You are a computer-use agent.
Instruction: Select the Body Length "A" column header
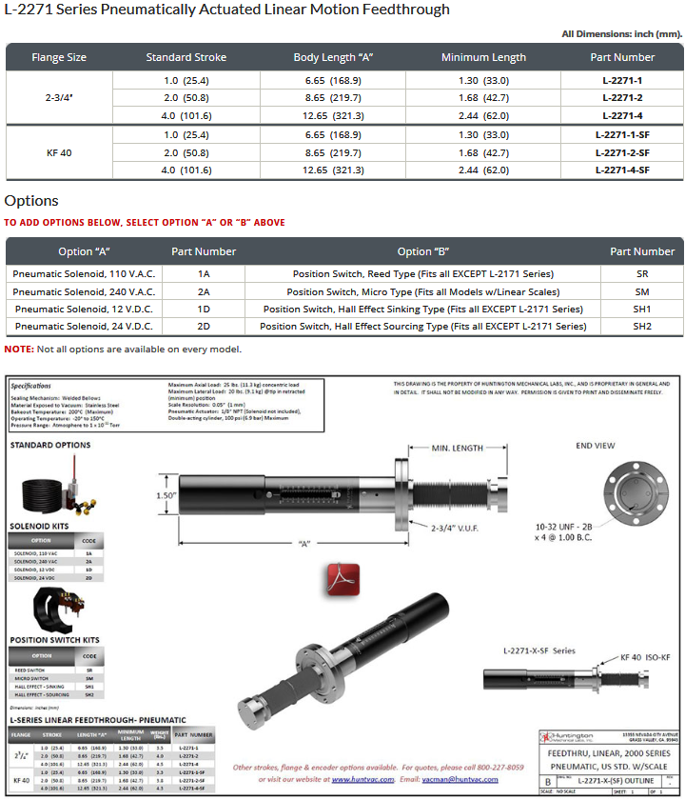pyautogui.click(x=333, y=58)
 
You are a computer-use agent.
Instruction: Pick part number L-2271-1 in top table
pyautogui.click(x=622, y=81)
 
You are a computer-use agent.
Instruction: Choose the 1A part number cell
pyautogui.click(x=204, y=273)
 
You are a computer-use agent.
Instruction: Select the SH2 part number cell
pyautogui.click(x=641, y=326)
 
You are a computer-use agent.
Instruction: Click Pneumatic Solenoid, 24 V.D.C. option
pyautogui.click(x=85, y=326)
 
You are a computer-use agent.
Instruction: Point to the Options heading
pyautogui.click(x=31, y=201)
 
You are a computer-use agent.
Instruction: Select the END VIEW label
pyautogui.click(x=597, y=445)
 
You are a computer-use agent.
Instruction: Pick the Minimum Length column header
pyautogui.click(x=483, y=58)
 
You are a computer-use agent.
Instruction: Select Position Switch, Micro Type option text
pyautogui.click(x=422, y=291)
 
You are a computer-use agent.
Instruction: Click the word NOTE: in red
pyautogui.click(x=19, y=350)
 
